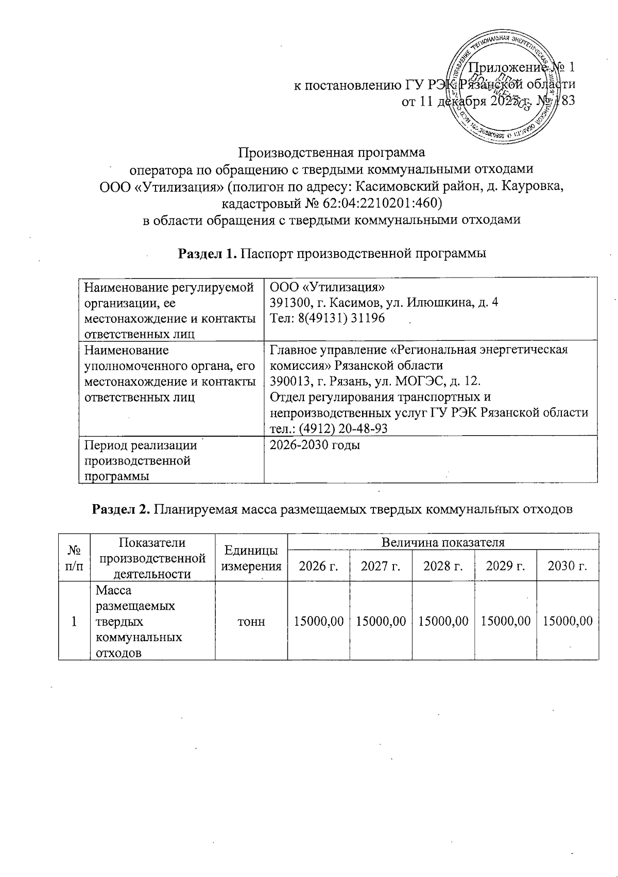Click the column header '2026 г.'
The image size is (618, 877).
(x=318, y=566)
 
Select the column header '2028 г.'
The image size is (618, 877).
(x=442, y=566)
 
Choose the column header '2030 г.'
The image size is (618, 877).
(x=567, y=566)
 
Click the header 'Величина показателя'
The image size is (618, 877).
(x=442, y=542)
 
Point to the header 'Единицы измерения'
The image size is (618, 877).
(x=251, y=558)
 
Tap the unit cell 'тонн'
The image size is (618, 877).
(x=251, y=622)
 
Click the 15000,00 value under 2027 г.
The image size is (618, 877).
(x=381, y=622)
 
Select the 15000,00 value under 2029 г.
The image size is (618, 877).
(x=505, y=622)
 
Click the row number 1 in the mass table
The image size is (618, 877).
(x=74, y=622)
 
